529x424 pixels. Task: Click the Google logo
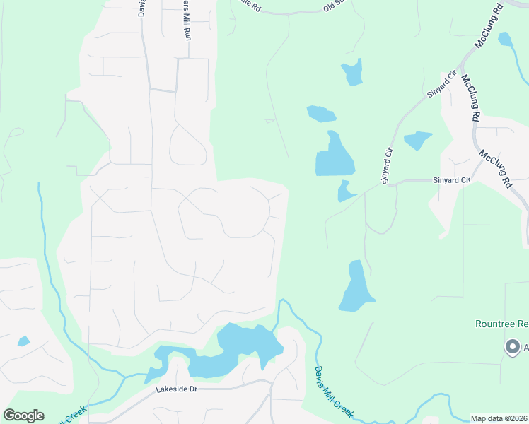pos(23,416)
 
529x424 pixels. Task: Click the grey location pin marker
pos(511,346)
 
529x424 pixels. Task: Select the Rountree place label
pos(501,324)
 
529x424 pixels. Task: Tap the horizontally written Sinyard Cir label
pos(451,181)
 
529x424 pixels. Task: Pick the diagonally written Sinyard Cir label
pos(439,84)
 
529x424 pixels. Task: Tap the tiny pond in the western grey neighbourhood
pos(23,341)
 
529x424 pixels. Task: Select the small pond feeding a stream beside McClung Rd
pos(505,39)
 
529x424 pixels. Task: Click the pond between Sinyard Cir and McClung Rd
pos(417,140)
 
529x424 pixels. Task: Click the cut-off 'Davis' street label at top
pos(141,8)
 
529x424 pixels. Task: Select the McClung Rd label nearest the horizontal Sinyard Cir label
pos(495,167)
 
